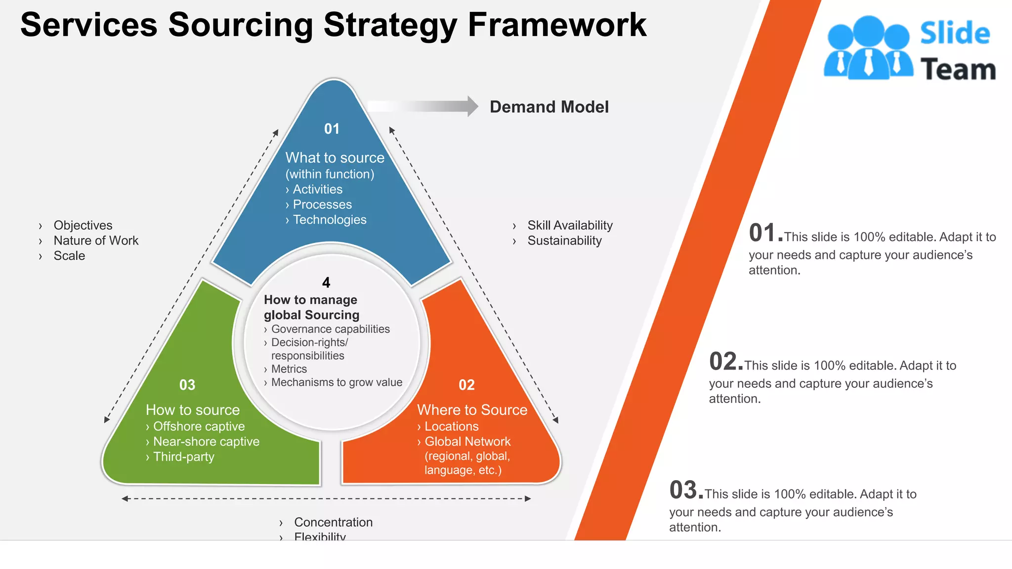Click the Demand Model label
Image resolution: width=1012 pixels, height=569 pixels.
point(549,107)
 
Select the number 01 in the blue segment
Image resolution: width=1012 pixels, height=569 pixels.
point(332,129)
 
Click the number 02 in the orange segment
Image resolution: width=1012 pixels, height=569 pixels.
point(466,385)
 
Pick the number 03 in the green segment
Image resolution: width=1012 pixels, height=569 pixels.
point(187,385)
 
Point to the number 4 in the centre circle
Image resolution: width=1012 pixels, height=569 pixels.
point(326,283)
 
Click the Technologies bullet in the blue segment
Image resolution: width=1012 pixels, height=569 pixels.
point(329,220)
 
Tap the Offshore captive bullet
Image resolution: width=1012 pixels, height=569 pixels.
point(199,426)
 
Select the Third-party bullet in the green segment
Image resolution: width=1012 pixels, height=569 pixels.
point(183,457)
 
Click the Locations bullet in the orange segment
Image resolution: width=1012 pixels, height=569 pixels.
point(451,426)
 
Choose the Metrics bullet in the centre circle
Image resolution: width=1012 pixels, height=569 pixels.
point(289,369)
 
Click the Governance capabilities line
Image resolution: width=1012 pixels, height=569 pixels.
point(330,329)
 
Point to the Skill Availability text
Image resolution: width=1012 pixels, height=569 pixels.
point(570,225)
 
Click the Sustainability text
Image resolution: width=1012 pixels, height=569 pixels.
point(564,241)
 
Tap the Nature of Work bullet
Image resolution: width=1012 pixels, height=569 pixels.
point(96,241)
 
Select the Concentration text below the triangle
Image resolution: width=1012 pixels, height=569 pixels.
point(333,522)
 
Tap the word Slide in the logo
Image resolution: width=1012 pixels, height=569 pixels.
point(955,34)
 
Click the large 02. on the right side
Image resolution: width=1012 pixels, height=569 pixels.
point(725,362)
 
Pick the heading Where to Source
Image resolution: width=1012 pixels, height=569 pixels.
point(472,410)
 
